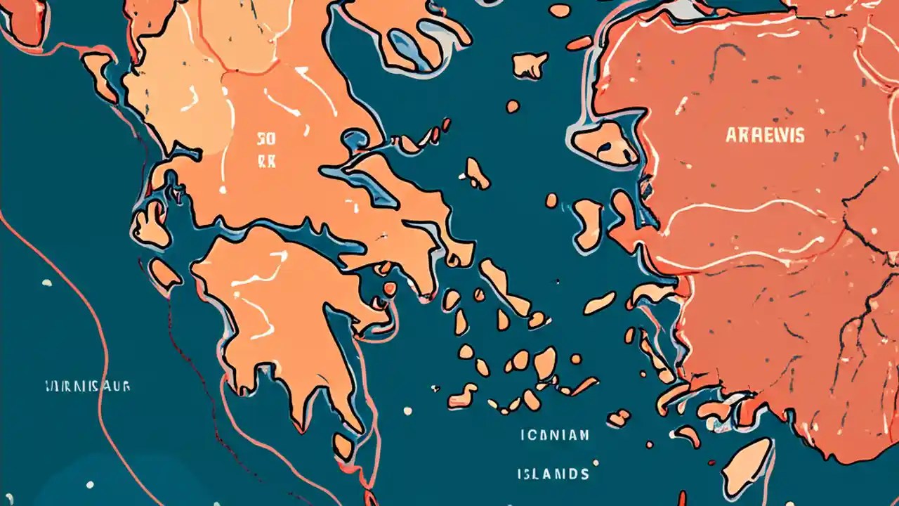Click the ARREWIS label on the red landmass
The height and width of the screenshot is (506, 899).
pos(765,136)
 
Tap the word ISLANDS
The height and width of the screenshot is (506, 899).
pos(554,474)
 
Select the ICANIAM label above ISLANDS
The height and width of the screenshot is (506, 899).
pos(554,435)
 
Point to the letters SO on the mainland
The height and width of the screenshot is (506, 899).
pos(266,138)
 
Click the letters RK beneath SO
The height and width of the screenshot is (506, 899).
pos(266,161)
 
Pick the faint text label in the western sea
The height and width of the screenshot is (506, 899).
pos(87,387)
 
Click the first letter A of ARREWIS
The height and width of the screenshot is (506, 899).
pos(730,136)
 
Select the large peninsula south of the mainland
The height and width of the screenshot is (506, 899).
pos(281,309)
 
